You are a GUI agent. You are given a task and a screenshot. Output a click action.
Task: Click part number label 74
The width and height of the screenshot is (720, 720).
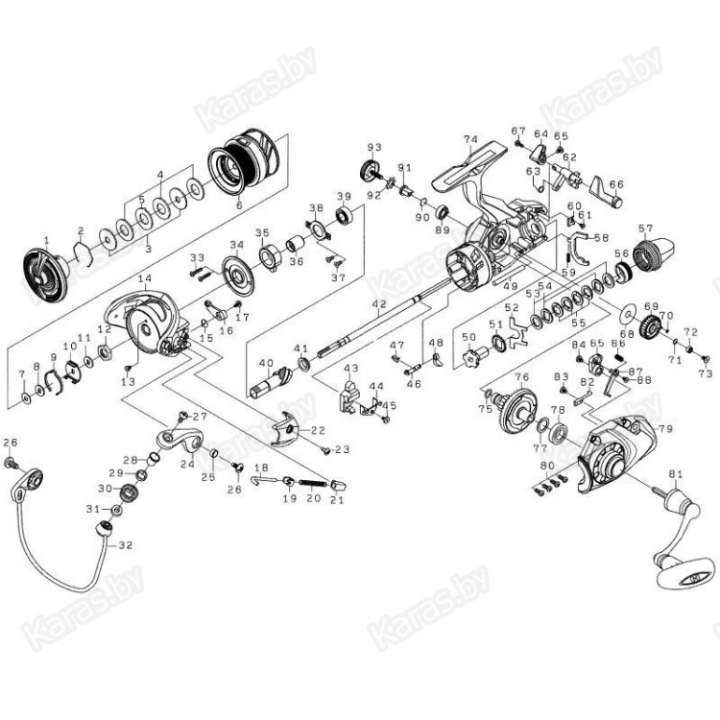pyautogui.click(x=470, y=139)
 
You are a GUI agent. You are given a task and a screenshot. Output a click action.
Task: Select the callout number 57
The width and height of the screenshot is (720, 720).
pyautogui.click(x=645, y=229)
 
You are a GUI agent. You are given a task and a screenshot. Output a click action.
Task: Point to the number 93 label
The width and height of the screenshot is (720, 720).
pyautogui.click(x=374, y=147)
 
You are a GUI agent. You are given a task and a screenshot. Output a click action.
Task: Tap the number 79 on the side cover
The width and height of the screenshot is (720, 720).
pyautogui.click(x=664, y=428)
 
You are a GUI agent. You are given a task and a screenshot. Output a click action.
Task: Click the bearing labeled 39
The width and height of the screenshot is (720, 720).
pyautogui.click(x=345, y=228)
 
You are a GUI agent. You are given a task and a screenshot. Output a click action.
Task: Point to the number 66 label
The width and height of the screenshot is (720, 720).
pyautogui.click(x=616, y=184)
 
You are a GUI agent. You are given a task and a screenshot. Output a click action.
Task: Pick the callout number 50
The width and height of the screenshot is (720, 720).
pyautogui.click(x=468, y=338)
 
